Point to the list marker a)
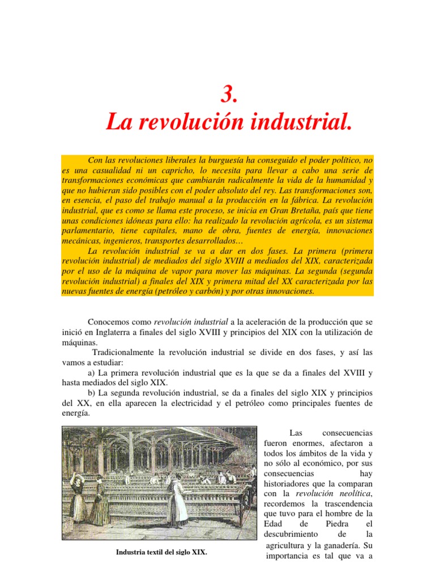coord(92,373)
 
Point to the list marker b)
coord(92,393)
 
